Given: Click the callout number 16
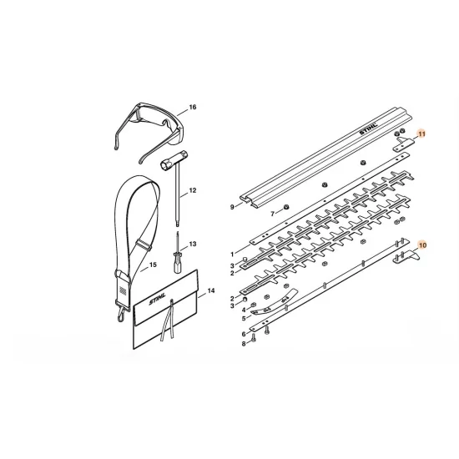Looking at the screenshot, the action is pos(192,107).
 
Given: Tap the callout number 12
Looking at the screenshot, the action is pos(192,190).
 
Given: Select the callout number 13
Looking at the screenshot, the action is pos(192,245).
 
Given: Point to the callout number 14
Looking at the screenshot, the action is pos(211,290).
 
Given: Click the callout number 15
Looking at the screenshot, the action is pos(153,265).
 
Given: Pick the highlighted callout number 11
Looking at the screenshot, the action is pos(421,134).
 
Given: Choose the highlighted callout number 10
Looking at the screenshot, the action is pos(422,245).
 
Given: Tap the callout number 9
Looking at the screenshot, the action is pos(232,207).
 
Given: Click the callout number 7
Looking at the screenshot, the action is pos(273,214).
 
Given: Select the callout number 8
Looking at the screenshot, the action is pos(244,344).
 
